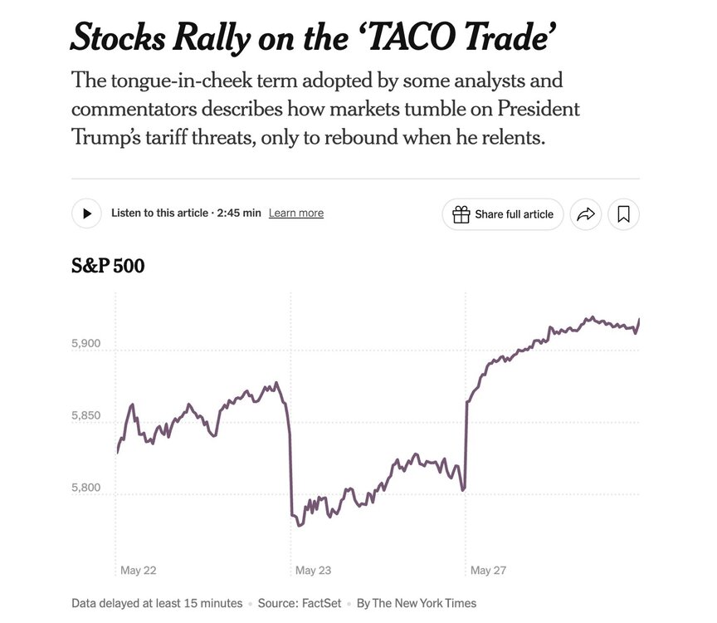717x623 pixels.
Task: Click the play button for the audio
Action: [86, 213]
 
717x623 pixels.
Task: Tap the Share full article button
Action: [503, 214]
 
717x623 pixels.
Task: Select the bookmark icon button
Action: [623, 214]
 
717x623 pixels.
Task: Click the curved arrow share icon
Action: [586, 214]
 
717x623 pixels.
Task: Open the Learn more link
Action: [296, 213]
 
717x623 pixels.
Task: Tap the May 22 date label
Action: [139, 571]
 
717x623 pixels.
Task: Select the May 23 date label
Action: [313, 571]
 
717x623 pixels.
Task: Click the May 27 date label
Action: [488, 571]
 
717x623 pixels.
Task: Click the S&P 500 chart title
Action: [108, 267]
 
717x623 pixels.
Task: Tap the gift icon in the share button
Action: [461, 214]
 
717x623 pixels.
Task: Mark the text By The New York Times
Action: [417, 603]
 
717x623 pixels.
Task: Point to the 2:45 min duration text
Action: [239, 213]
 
